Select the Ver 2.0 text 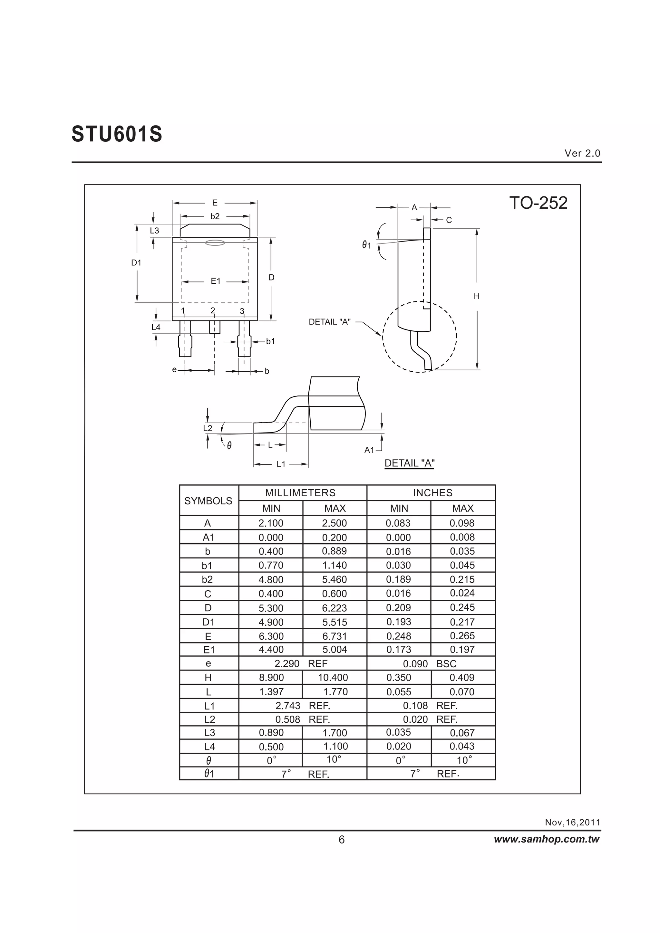coord(582,153)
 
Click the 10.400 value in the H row coord(333,677)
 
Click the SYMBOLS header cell coord(208,500)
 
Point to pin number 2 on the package coord(213,310)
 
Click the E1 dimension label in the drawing coord(215,281)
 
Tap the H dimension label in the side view coord(477,296)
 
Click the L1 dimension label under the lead coord(281,464)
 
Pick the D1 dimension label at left coord(136,263)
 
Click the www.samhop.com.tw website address coord(546,839)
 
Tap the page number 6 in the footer coord(341,840)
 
